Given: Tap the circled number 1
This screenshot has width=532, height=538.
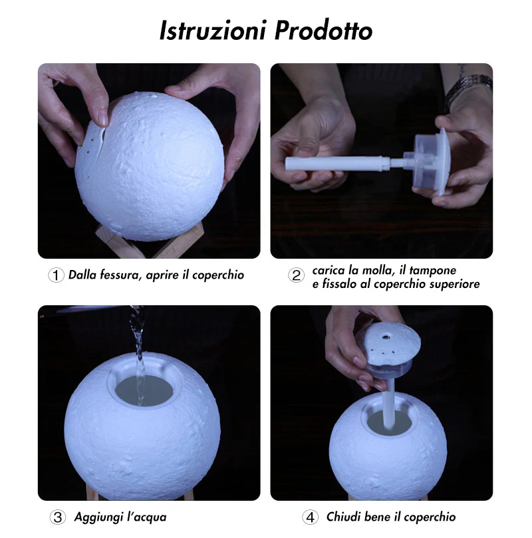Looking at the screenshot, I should [x=57, y=275].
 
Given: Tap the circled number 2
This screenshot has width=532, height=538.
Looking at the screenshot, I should [x=297, y=275].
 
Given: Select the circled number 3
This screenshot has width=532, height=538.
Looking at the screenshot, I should [x=57, y=517].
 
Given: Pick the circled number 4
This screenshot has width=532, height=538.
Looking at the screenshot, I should [x=310, y=517].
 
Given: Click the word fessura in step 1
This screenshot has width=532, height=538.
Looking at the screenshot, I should [x=120, y=275].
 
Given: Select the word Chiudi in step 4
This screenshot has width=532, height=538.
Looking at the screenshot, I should [x=343, y=517].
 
